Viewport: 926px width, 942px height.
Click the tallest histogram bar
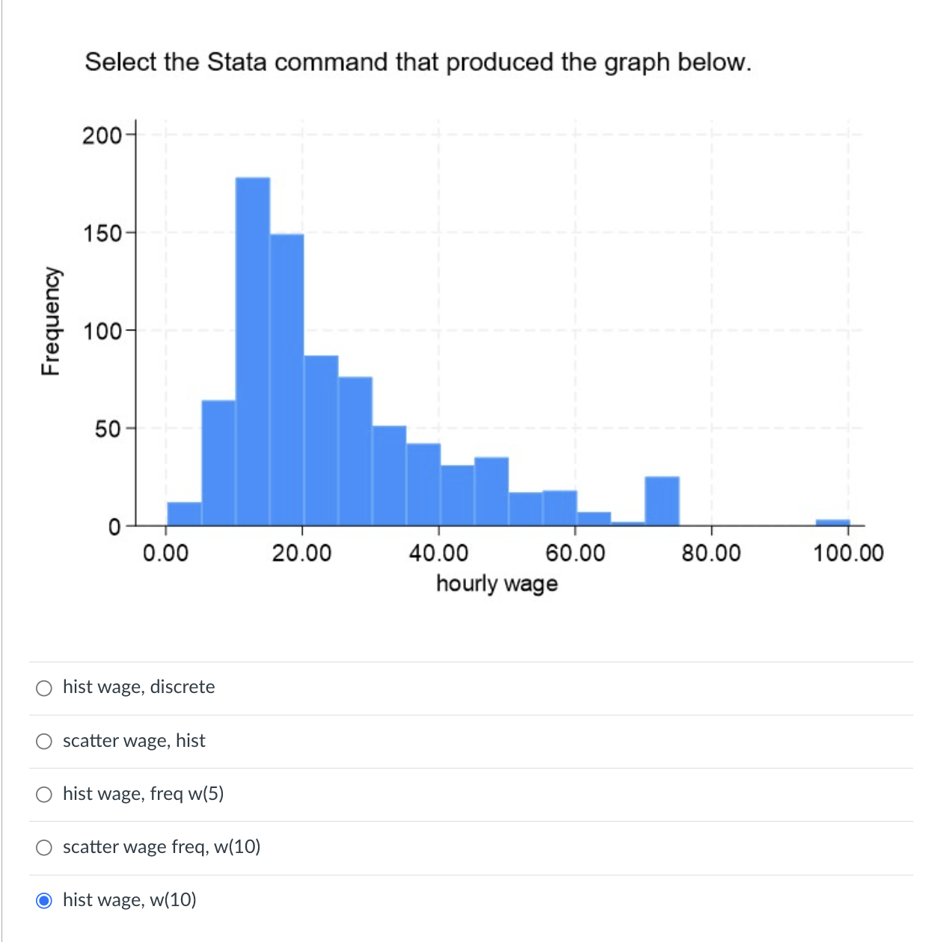[x=253, y=351]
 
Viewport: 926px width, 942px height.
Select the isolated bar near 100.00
[x=833, y=522]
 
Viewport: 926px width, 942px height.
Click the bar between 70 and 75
[x=662, y=501]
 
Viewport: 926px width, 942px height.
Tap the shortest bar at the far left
[x=184, y=514]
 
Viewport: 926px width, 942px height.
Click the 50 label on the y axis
[x=106, y=429]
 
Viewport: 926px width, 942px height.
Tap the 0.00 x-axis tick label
[x=165, y=553]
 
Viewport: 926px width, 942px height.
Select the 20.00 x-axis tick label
[x=301, y=553]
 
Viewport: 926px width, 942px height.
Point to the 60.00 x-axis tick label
[x=574, y=553]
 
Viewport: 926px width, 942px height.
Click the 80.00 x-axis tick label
[x=711, y=553]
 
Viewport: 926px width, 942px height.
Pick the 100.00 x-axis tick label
[x=848, y=553]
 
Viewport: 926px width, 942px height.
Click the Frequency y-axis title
[x=50, y=321]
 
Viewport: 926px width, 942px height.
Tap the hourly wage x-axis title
[x=497, y=583]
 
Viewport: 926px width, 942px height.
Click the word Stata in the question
[x=236, y=62]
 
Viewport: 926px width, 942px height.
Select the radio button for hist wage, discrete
[x=44, y=688]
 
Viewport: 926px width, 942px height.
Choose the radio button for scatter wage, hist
[x=44, y=741]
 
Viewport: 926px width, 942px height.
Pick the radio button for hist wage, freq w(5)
[x=44, y=794]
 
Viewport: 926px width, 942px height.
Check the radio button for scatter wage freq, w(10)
[x=44, y=847]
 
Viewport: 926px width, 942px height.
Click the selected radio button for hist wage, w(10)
[x=44, y=900]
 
